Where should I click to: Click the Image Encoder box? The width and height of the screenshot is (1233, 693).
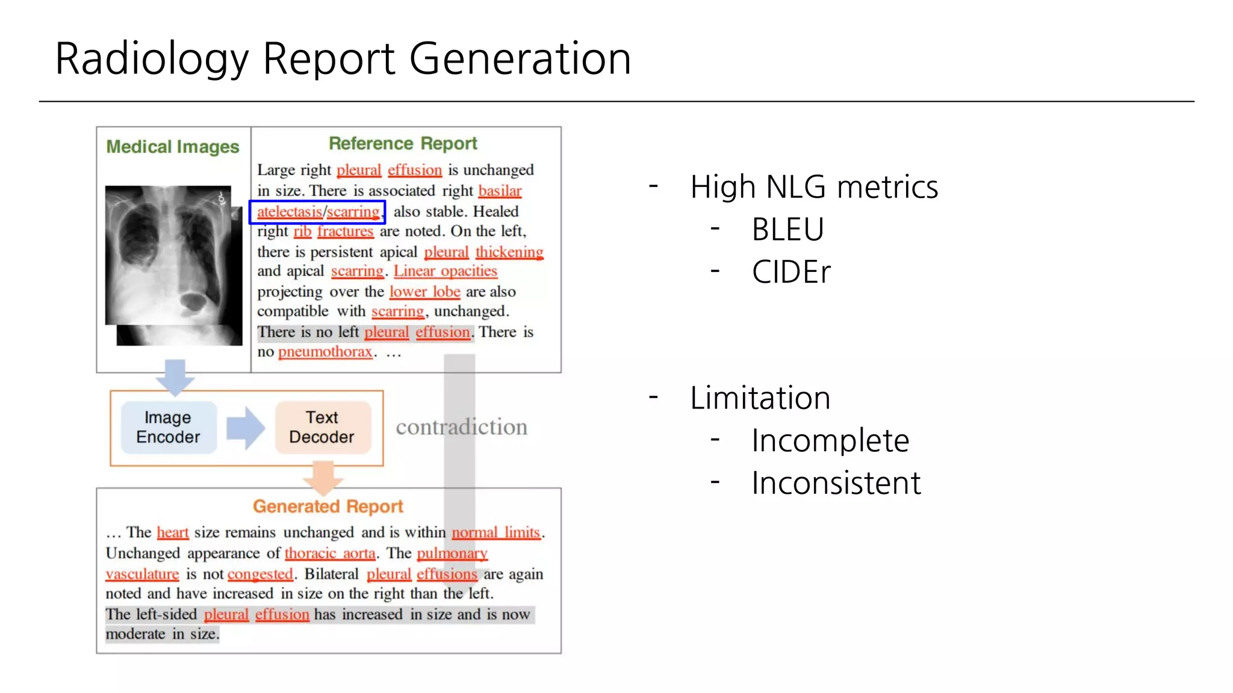point(168,427)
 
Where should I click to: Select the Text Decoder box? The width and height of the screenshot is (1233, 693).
point(322,427)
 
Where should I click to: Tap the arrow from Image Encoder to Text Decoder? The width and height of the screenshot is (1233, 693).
point(245,428)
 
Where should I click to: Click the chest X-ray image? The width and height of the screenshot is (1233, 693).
point(173,265)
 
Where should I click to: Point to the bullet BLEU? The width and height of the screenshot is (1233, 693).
point(787,229)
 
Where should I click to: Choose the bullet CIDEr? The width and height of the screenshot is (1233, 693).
point(791,272)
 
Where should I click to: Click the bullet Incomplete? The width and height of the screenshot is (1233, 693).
point(830,440)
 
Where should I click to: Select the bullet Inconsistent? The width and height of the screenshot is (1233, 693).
point(836,483)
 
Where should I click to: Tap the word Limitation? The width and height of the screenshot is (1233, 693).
point(760,398)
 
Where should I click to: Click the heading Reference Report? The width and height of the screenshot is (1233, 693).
point(403,144)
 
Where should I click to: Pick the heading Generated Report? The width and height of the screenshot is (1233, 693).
point(328,507)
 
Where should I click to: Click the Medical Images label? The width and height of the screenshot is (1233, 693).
point(173,147)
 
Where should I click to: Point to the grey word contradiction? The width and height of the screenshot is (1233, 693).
point(461,427)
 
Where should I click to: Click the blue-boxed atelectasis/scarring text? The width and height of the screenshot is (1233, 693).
point(318,212)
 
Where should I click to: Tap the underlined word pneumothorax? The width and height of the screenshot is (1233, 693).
point(325,352)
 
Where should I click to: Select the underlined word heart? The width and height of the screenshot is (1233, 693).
point(173,532)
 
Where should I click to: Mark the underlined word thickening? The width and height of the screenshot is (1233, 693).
point(509,252)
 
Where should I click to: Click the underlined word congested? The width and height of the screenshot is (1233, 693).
point(260,574)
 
